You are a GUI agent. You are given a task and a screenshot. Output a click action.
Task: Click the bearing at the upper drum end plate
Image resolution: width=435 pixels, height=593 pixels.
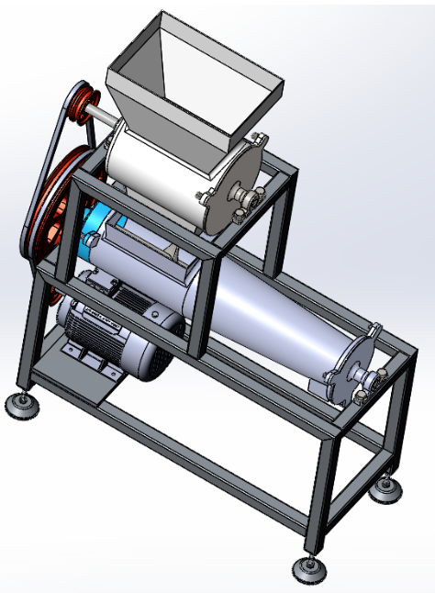246,194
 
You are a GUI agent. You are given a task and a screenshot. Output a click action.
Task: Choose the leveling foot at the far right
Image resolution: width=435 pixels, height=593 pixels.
385,488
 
